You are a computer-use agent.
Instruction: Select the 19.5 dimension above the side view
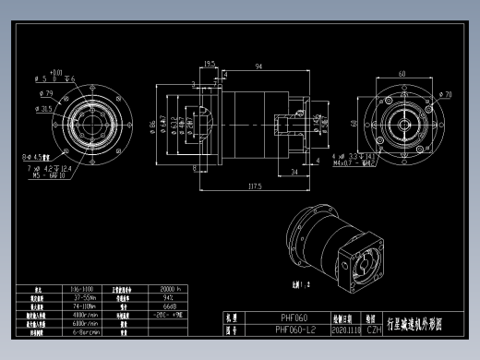coord(210,64)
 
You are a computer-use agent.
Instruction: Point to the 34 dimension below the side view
coord(294,172)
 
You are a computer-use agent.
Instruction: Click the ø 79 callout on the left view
coord(43,94)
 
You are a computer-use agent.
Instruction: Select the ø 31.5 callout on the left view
coord(42,109)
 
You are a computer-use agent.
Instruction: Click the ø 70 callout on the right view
coord(446,95)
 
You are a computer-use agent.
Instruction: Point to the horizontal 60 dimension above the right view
coord(402,73)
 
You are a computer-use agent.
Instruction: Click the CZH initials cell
coord(374,328)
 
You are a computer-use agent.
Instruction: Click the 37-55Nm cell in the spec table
coord(84,297)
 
